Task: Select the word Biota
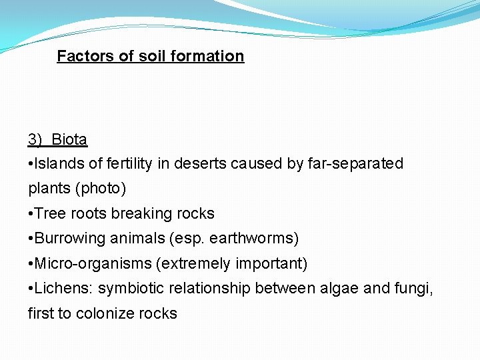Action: tap(69, 139)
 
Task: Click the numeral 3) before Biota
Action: tap(35, 139)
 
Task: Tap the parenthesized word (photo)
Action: tap(101, 189)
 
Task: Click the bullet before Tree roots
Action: tap(31, 214)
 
